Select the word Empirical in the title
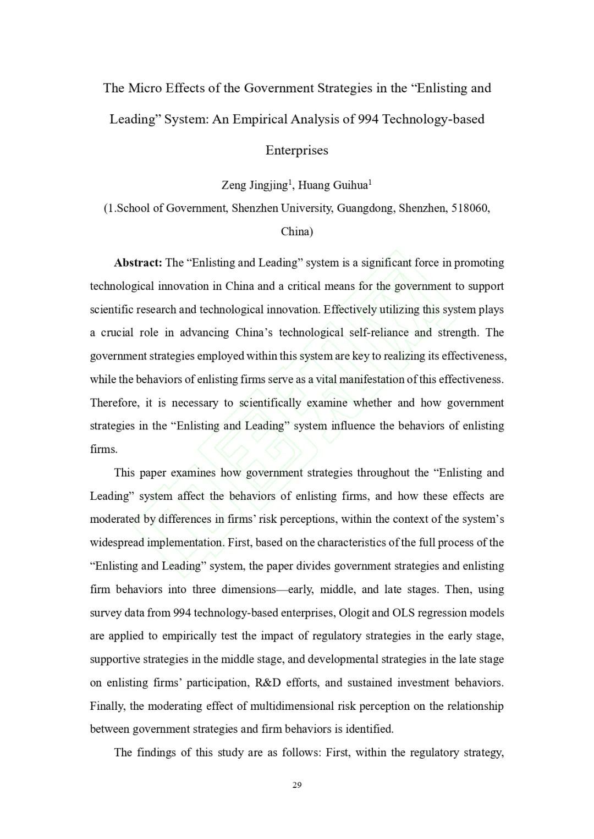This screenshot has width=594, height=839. (x=258, y=119)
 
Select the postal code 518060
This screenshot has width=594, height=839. (x=470, y=208)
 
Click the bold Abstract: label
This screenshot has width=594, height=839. (x=138, y=263)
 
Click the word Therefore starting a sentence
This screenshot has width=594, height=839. (x=114, y=403)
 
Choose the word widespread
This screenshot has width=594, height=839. (x=117, y=543)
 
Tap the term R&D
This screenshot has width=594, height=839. (x=268, y=683)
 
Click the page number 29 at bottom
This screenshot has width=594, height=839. (x=297, y=785)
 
